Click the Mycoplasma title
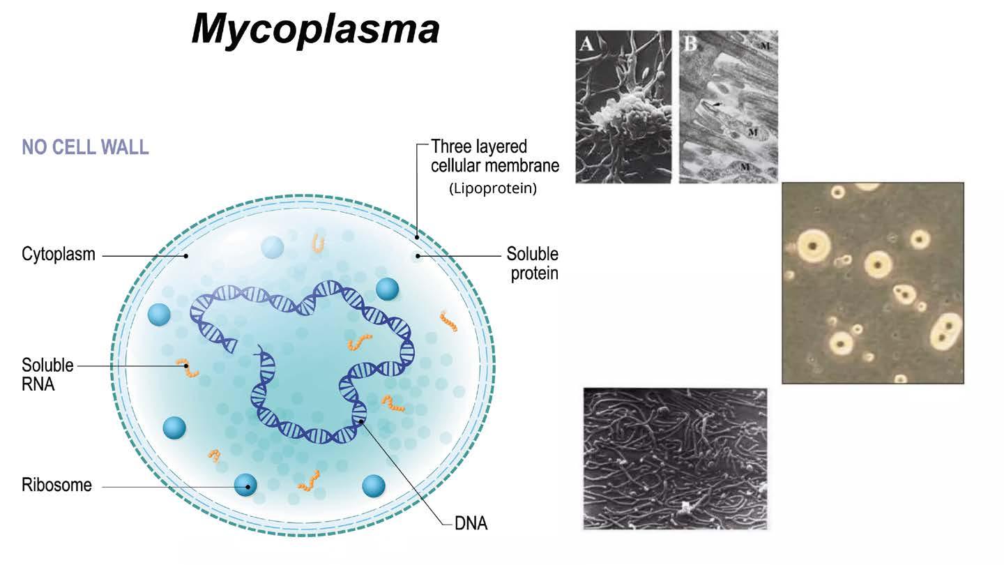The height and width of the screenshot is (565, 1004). [315, 30]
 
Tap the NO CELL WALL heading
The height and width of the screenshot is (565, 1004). [85, 148]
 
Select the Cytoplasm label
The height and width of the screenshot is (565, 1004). [58, 255]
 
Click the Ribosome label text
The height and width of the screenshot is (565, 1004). [56, 485]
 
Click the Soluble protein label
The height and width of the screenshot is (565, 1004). [533, 263]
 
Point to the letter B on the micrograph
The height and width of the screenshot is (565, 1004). [690, 45]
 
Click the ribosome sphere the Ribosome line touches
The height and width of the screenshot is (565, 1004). [245, 485]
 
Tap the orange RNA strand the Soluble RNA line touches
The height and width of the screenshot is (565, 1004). [187, 367]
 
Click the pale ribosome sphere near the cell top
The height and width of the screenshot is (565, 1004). [272, 246]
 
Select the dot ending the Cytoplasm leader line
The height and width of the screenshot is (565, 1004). [186, 256]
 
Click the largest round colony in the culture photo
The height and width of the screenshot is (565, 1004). [813, 244]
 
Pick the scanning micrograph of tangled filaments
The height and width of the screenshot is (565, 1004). [675, 458]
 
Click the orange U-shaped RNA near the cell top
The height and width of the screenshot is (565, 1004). [319, 242]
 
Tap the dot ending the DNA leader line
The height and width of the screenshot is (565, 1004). [360, 421]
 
